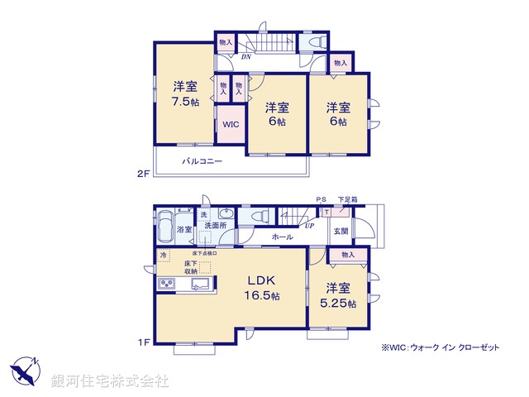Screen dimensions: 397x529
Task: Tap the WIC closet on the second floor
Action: (231, 125)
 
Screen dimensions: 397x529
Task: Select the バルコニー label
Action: (202, 161)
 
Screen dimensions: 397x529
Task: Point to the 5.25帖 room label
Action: (340, 296)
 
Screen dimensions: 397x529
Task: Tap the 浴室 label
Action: (183, 229)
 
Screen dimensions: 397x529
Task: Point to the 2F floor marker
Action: (142, 173)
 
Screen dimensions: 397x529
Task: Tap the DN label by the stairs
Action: (246, 57)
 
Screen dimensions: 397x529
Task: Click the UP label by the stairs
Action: (308, 224)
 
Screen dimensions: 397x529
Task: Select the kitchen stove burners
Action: (168, 285)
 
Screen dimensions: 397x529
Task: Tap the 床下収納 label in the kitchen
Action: (191, 265)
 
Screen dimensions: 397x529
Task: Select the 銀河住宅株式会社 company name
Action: (110, 380)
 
